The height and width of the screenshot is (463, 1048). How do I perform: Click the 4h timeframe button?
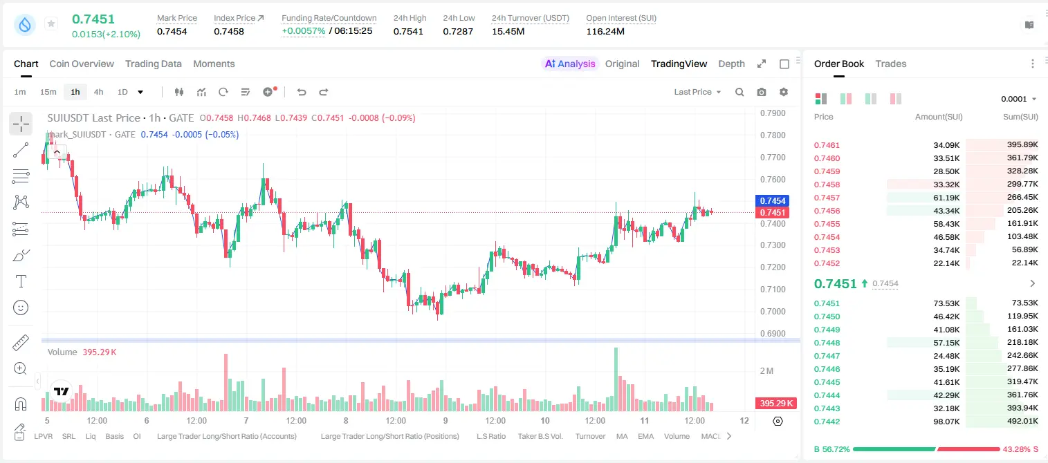(x=98, y=92)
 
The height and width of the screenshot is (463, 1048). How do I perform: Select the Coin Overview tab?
(x=82, y=64)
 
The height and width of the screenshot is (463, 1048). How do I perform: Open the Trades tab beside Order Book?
(x=890, y=64)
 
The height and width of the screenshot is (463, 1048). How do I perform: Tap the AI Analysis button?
(x=569, y=64)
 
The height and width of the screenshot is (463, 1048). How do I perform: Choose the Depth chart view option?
(x=731, y=64)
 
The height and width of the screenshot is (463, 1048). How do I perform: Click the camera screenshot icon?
(x=761, y=92)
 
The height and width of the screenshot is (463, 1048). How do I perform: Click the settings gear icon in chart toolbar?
(x=784, y=92)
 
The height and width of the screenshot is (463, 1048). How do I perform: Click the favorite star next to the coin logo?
(x=51, y=23)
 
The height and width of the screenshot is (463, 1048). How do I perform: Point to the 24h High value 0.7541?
(x=408, y=31)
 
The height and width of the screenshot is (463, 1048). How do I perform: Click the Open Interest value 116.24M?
(x=605, y=31)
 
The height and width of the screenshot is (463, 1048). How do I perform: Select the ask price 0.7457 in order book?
(x=827, y=198)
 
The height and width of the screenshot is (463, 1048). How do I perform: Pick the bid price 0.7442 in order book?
(x=827, y=422)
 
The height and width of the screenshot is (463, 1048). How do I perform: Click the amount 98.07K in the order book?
(x=946, y=422)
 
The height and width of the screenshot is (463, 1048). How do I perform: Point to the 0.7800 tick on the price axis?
(x=773, y=135)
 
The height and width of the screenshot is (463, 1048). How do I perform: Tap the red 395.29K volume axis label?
(x=775, y=403)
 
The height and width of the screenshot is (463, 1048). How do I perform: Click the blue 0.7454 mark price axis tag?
(x=773, y=201)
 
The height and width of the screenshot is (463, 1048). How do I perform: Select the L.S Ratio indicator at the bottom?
(x=490, y=436)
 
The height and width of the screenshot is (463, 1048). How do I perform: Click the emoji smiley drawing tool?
(x=21, y=308)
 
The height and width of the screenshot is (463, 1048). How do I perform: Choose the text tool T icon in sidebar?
(x=21, y=281)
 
